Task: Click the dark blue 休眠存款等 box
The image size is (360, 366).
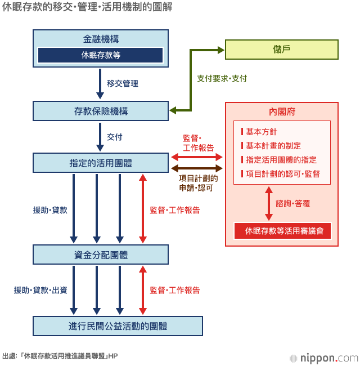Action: [101, 55]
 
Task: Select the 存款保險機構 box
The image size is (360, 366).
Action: [101, 111]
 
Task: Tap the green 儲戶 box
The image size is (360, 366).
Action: [282, 50]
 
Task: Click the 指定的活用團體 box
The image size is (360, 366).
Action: [101, 163]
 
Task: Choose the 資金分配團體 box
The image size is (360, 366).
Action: [101, 255]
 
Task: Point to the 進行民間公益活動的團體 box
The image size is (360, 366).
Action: [118, 326]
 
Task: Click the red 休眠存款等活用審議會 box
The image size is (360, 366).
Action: [282, 230]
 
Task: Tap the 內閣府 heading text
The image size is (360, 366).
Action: [282, 111]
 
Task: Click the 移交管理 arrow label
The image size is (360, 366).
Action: [123, 83]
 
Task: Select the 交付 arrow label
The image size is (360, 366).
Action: [115, 137]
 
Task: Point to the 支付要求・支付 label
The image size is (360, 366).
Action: [222, 78]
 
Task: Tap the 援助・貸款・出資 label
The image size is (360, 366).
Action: [40, 290]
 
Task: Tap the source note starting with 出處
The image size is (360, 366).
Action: [60, 356]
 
